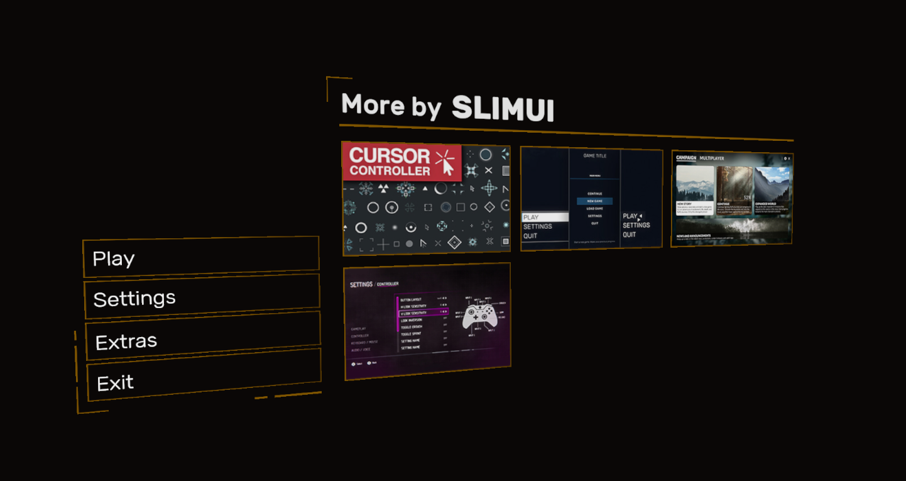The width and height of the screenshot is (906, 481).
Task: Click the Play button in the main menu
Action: click(x=201, y=257)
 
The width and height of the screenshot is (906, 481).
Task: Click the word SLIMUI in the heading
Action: click(x=503, y=109)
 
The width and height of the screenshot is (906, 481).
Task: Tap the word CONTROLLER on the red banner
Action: click(x=390, y=170)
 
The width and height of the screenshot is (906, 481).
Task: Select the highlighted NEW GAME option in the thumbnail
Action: click(x=594, y=201)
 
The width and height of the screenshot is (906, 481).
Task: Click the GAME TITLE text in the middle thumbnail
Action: click(x=594, y=155)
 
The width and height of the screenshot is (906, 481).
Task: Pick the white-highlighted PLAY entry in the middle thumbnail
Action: click(x=545, y=217)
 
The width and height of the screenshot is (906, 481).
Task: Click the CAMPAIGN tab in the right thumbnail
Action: click(x=685, y=158)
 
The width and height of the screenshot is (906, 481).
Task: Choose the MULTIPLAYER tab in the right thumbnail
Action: click(x=712, y=158)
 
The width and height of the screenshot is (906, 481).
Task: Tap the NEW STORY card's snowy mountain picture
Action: click(x=694, y=183)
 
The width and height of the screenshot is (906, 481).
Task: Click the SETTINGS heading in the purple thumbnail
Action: click(x=361, y=285)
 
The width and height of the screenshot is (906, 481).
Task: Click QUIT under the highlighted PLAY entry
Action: click(x=531, y=236)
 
